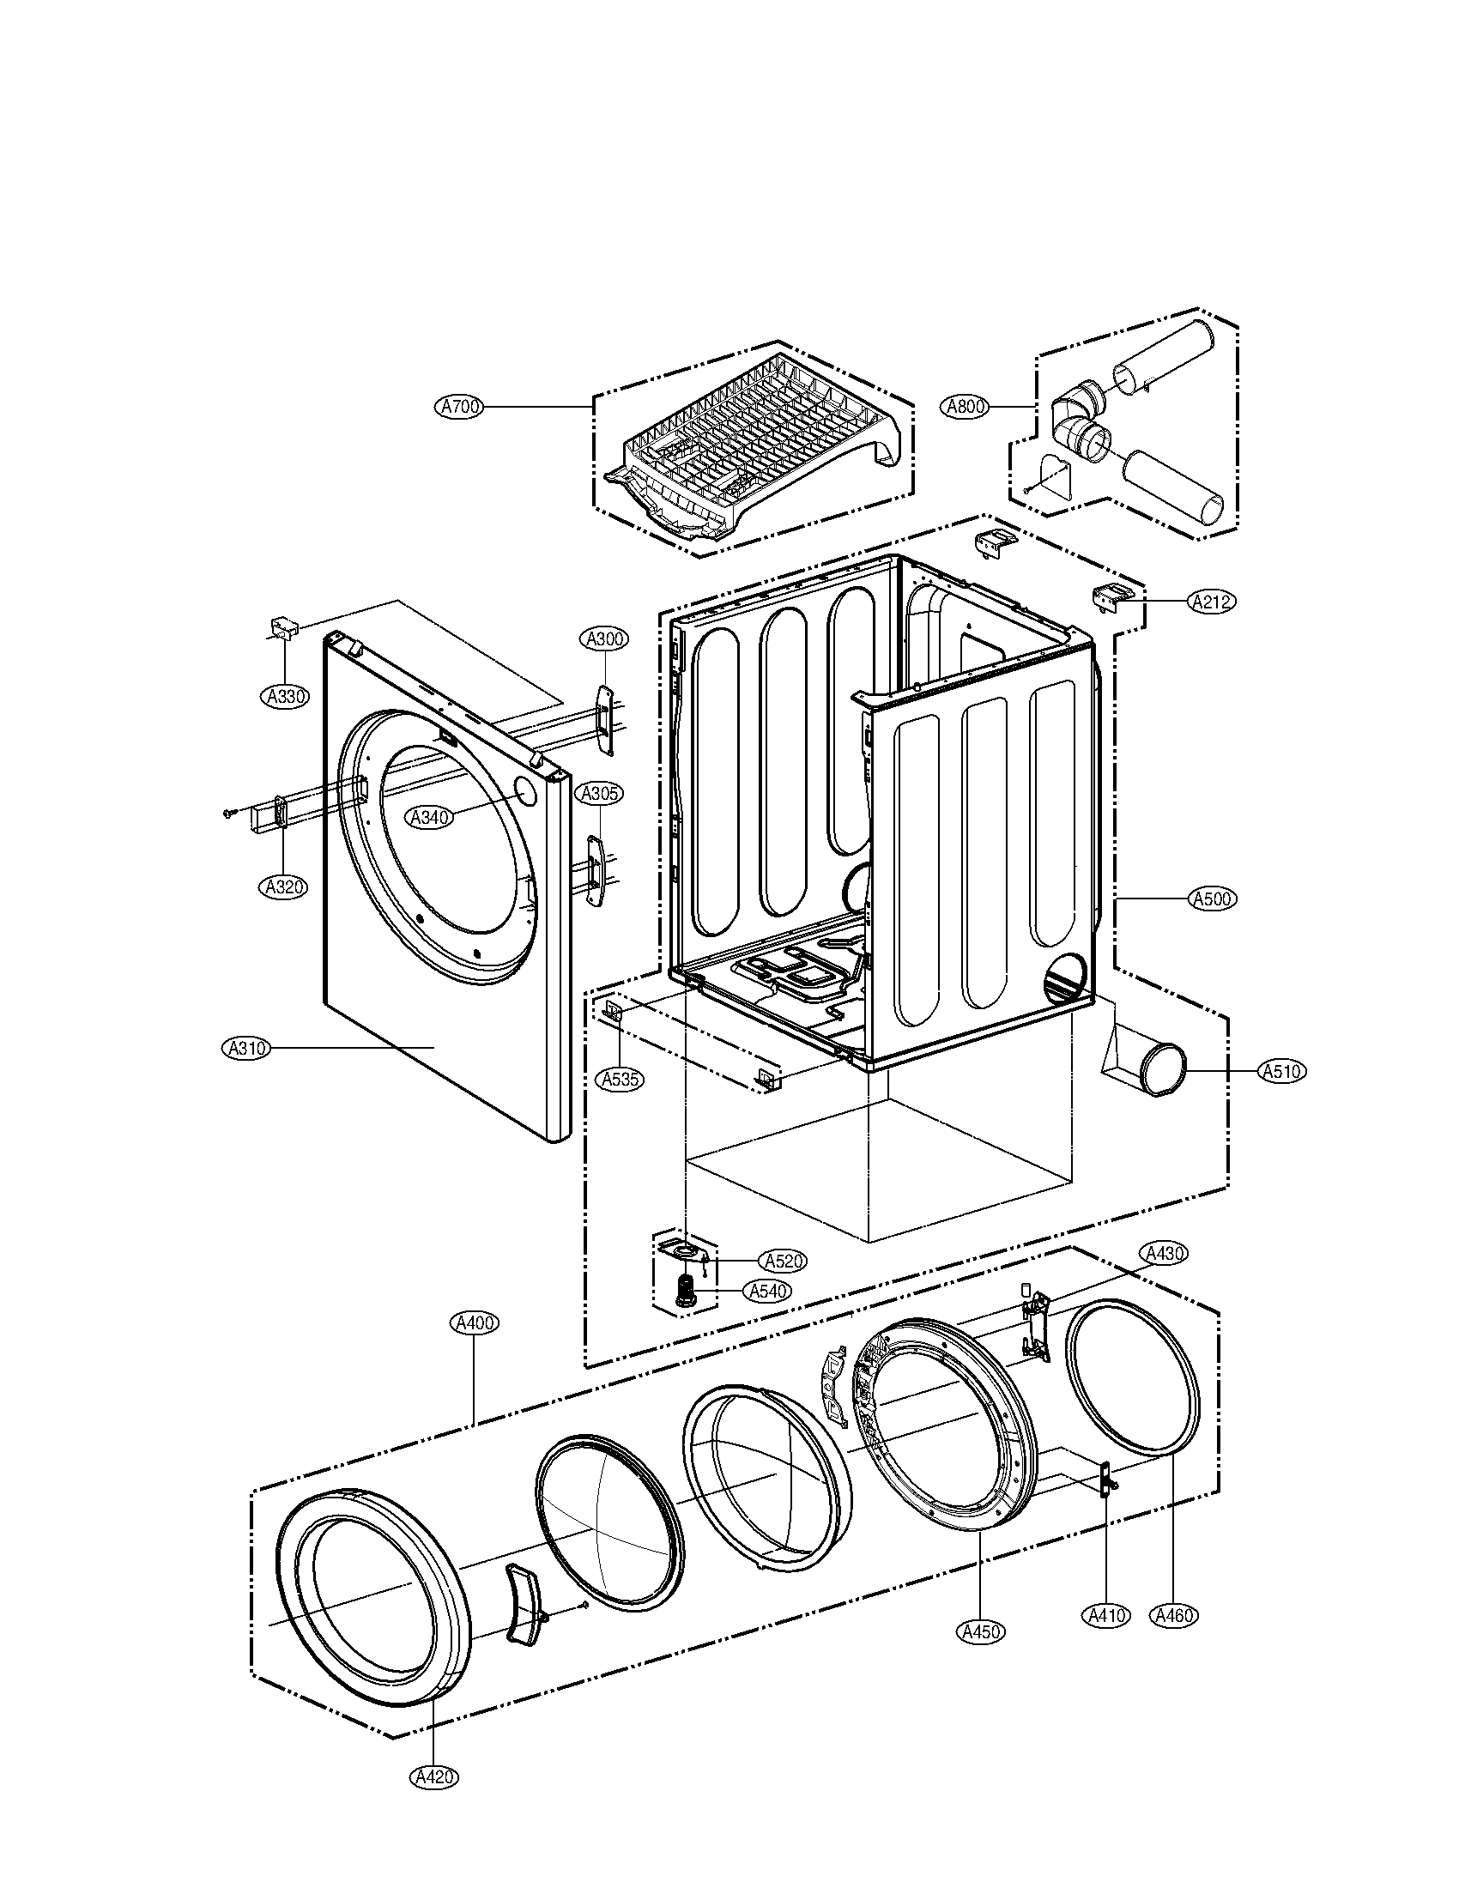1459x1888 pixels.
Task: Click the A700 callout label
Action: (461, 406)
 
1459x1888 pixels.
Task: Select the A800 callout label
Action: (965, 406)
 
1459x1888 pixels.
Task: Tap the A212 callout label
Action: (1212, 602)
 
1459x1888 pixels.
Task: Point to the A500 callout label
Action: (1212, 899)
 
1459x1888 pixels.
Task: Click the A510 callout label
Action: (1281, 1071)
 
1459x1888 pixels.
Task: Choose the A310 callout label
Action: (246, 1048)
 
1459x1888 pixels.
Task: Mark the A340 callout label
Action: (430, 817)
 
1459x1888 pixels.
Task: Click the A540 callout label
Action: (766, 1292)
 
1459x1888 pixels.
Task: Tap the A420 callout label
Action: (433, 1777)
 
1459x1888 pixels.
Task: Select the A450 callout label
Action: (981, 1631)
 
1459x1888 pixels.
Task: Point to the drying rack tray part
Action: (756, 445)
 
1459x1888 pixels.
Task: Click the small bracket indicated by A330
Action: (282, 627)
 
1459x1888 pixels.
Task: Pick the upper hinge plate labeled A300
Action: (604, 717)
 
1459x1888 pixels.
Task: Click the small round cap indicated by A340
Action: (524, 789)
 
